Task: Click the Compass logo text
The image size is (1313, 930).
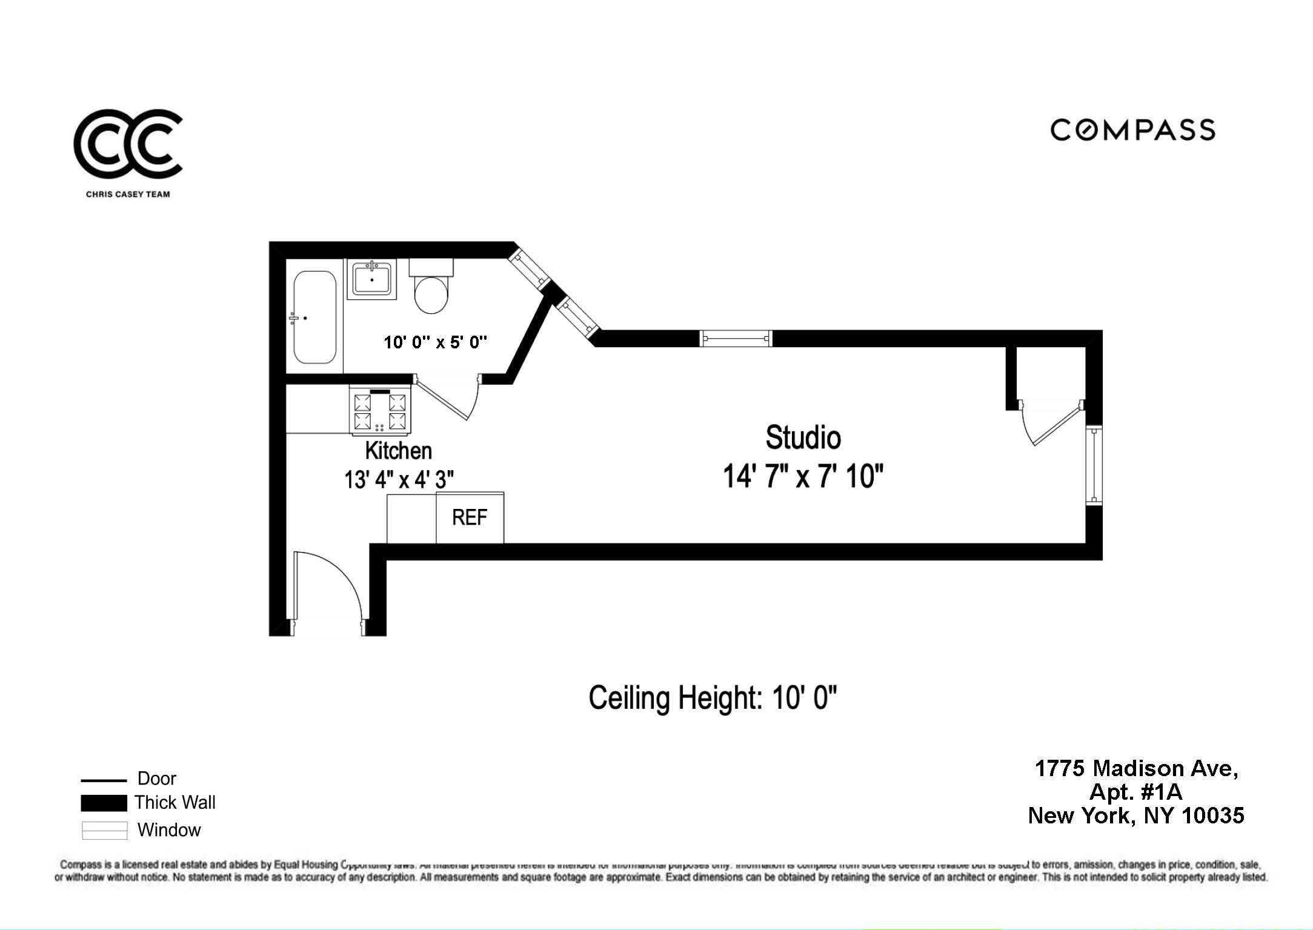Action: [x=1132, y=130]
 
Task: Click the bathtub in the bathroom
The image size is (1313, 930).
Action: [x=314, y=317]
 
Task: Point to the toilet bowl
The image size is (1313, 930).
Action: [x=431, y=294]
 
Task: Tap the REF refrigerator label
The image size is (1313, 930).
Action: [x=470, y=517]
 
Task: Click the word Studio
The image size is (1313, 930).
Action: [x=803, y=437]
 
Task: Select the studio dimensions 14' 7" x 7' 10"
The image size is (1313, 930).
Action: [x=803, y=476]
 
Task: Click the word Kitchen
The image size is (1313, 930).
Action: [x=398, y=451]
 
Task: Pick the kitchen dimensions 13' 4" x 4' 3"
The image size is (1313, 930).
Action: [x=399, y=480]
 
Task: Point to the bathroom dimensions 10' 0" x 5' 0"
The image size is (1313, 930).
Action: [x=435, y=342]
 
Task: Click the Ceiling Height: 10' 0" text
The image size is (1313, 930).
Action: [x=713, y=698]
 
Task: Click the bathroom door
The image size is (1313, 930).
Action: [x=445, y=399]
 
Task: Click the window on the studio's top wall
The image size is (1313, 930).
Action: [x=736, y=338]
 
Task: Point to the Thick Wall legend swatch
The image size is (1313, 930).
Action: [x=104, y=803]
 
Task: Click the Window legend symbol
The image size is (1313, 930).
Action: [x=104, y=830]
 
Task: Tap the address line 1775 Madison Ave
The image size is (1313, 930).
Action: [x=1136, y=768]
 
